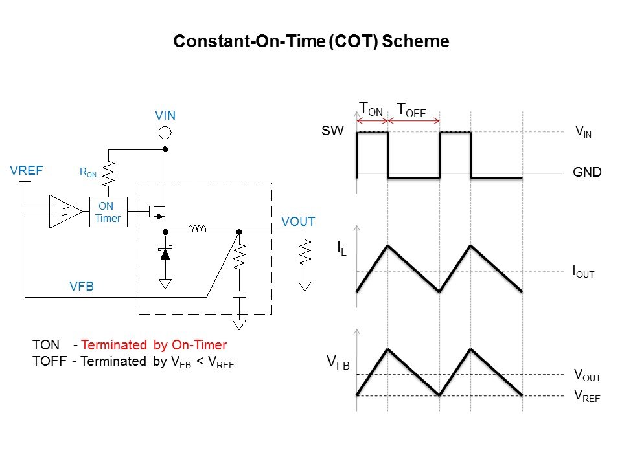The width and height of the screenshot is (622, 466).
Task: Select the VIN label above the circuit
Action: (x=165, y=116)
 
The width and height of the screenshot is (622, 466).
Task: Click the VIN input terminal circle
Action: (x=165, y=133)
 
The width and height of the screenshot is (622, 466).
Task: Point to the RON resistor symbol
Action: (x=108, y=173)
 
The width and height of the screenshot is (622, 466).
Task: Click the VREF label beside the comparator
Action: (x=27, y=171)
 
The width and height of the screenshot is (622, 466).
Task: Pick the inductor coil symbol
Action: (x=197, y=229)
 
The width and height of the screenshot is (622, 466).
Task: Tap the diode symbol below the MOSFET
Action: (x=165, y=254)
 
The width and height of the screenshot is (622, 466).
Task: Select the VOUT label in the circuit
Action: (x=298, y=221)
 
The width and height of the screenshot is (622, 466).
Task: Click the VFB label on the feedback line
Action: (x=82, y=285)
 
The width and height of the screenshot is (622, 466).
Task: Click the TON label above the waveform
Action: (x=371, y=109)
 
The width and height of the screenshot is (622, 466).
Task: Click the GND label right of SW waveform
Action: (x=587, y=172)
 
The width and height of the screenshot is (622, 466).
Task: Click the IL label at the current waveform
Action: (x=341, y=249)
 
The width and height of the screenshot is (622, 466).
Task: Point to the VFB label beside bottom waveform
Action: (x=338, y=363)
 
